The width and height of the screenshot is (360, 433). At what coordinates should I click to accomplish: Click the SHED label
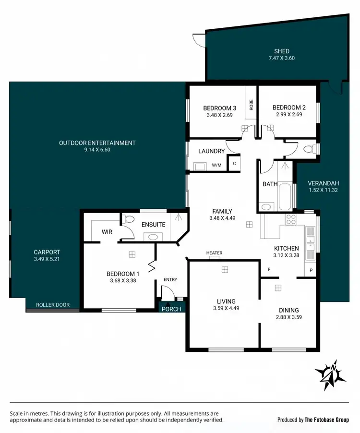click(282, 51)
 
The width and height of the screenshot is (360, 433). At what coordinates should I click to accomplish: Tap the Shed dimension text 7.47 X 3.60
click(282, 59)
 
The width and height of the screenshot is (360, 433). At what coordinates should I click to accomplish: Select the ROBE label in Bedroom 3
click(251, 105)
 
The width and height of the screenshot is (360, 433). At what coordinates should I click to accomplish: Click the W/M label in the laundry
click(217, 166)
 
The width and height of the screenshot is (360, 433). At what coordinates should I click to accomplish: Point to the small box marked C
click(234, 163)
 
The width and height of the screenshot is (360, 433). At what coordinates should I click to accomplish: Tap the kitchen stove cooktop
click(291, 219)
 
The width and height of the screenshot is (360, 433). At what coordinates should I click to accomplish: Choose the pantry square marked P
click(311, 270)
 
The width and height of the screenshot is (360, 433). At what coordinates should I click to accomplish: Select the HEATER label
click(214, 253)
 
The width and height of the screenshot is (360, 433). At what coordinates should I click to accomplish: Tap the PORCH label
click(171, 309)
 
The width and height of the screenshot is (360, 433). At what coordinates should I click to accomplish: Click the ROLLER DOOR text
click(53, 305)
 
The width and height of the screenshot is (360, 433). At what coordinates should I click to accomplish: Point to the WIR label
click(107, 232)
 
